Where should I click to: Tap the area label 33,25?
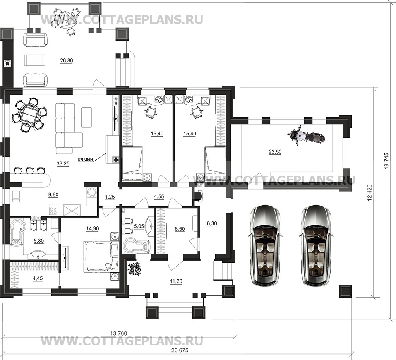point(63,164)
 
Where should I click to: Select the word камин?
point(86,159)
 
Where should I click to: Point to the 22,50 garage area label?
point(275,152)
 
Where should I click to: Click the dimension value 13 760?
point(119,333)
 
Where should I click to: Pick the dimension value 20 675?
point(180,351)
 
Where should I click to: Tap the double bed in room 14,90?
point(98,256)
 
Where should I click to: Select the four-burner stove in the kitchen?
point(53,211)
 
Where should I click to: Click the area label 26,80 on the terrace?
point(67,61)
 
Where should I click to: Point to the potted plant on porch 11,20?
point(134,269)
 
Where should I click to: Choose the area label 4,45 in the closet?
point(38,278)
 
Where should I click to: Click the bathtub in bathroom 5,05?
point(137,245)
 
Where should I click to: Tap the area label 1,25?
point(110,197)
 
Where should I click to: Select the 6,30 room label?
point(212,223)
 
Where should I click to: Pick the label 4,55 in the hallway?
point(159,196)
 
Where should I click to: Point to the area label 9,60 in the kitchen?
point(53,195)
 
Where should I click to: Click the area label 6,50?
point(180,229)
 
